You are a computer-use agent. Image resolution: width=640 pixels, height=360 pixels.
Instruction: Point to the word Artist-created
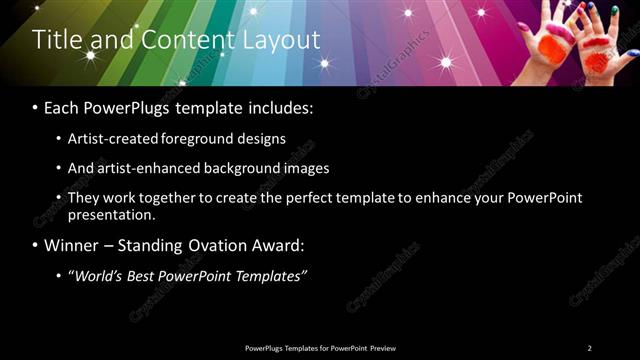(x=110, y=139)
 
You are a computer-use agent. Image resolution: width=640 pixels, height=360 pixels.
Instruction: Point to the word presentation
(x=111, y=214)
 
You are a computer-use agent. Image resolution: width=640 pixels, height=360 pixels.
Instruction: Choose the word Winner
(x=71, y=245)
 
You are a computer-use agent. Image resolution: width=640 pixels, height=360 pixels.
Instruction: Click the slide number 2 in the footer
(x=589, y=348)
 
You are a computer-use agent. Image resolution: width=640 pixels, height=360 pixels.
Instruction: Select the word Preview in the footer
(x=383, y=348)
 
